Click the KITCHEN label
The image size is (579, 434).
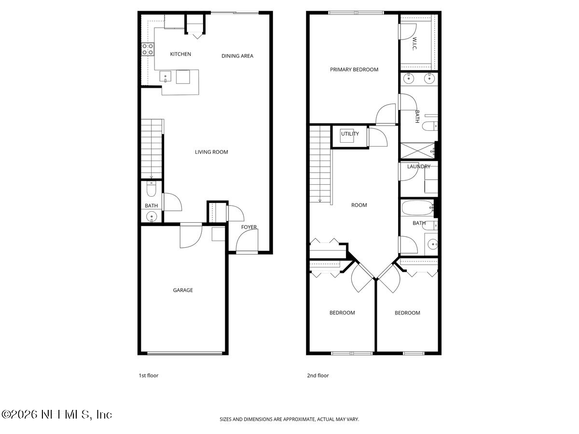tap(180, 54)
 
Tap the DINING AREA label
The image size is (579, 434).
tap(237, 56)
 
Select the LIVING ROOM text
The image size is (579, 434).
tap(211, 152)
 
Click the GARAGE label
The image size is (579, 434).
tap(183, 290)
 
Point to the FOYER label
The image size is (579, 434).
tap(249, 227)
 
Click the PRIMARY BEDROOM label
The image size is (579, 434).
tap(354, 69)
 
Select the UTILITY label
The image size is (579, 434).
tap(350, 134)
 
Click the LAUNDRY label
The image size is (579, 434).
tap(418, 166)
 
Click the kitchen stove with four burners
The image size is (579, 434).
tap(148, 49)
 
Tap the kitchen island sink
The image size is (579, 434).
tap(166, 76)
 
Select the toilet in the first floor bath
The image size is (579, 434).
tap(152, 191)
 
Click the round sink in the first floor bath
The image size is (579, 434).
tap(152, 217)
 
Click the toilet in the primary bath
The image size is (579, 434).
tap(428, 127)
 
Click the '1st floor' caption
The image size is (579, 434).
tap(148, 375)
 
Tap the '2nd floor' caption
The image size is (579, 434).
tap(318, 375)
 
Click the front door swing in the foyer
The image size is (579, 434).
tap(247, 241)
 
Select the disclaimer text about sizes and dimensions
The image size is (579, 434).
tap(289, 420)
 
